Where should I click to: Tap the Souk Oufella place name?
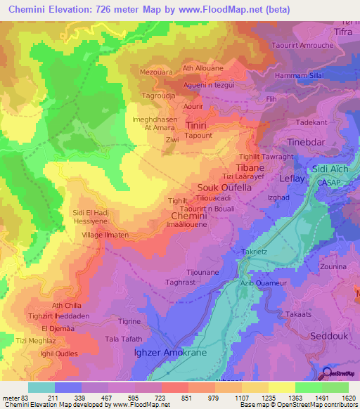click(x=224, y=188)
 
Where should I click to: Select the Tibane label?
click(x=250, y=169)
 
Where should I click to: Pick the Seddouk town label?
click(x=329, y=337)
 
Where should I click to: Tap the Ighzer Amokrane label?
click(x=170, y=352)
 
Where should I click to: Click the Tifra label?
click(x=342, y=33)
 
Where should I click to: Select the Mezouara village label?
click(x=156, y=72)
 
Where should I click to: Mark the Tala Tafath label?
click(x=123, y=339)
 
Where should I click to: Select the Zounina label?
click(x=333, y=268)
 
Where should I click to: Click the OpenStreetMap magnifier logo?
click(x=327, y=373)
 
